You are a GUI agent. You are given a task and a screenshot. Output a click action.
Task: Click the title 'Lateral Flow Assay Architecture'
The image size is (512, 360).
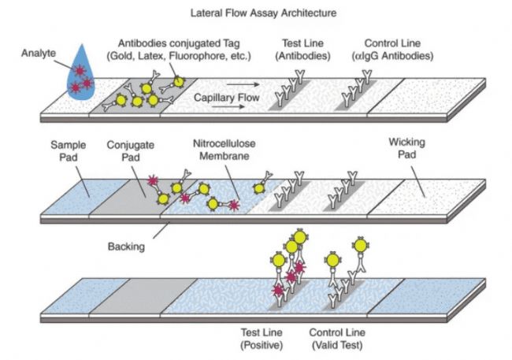click(x=256, y=13)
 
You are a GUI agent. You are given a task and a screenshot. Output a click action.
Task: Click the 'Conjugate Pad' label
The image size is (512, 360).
click(x=128, y=152)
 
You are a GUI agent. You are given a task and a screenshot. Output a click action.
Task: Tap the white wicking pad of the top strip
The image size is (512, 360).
click(x=425, y=98)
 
